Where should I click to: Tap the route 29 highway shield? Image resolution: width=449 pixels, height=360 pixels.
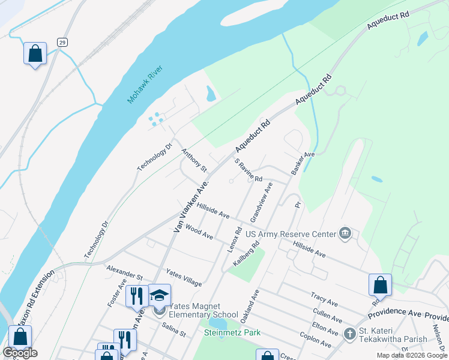[x=62, y=42]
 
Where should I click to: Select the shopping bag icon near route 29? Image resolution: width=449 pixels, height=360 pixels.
[x=35, y=53]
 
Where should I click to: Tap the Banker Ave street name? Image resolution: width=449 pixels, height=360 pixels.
[x=303, y=163]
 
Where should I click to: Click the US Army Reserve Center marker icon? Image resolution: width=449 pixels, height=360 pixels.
[x=345, y=233]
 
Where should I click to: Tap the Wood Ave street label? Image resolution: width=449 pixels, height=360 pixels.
[x=199, y=232]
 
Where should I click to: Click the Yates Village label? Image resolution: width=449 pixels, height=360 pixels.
[x=184, y=277]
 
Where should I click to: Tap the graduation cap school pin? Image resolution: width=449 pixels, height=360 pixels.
[x=160, y=295]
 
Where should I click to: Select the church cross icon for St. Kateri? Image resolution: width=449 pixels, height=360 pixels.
[x=350, y=334]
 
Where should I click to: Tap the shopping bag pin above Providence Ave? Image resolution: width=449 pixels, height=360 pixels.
[x=381, y=284]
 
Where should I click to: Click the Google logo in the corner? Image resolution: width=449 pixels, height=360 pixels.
[x=20, y=353]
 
